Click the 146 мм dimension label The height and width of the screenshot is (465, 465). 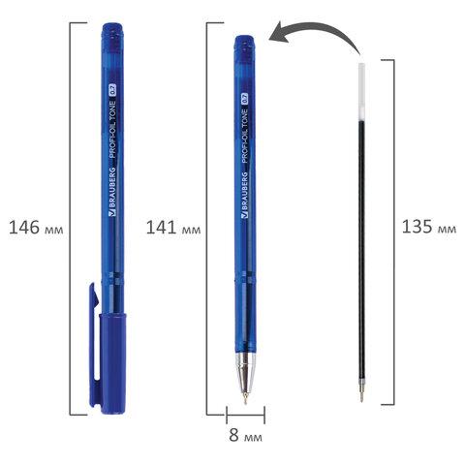click(x=36, y=228)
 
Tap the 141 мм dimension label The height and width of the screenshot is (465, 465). click(x=173, y=228)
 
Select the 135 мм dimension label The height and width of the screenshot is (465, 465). click(x=429, y=227)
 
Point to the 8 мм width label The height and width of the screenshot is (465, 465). click(x=245, y=435)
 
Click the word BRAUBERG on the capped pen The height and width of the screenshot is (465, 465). click(x=112, y=191)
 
